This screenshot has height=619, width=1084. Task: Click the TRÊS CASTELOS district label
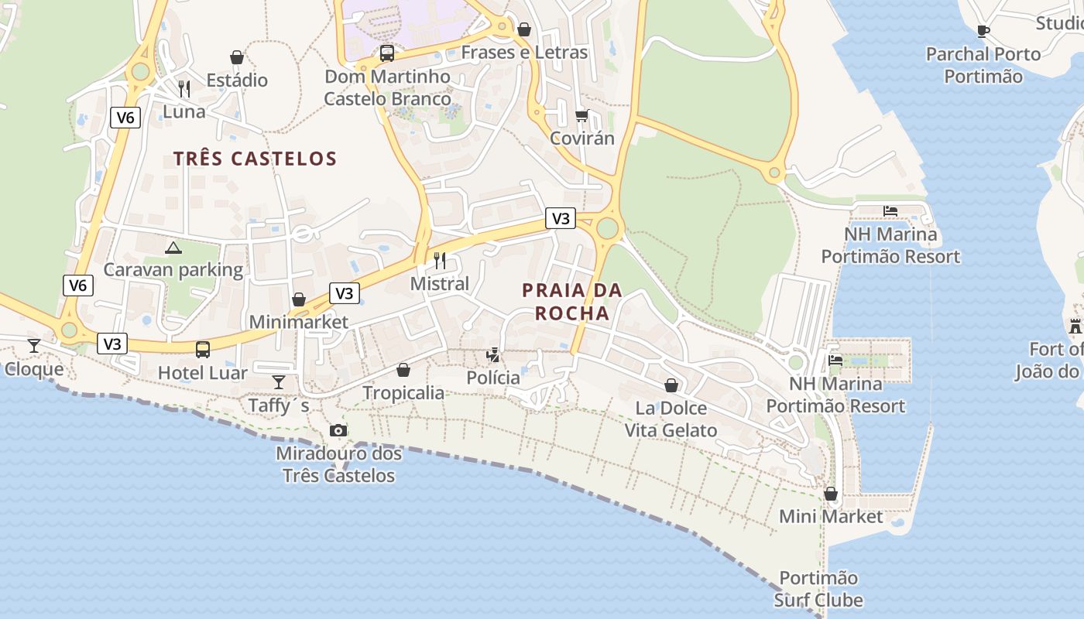coord(255,159)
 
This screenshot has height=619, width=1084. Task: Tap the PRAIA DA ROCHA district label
coord(571,302)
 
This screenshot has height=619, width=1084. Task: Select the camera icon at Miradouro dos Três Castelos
coord(338,430)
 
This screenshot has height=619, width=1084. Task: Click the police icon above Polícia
coord(492,355)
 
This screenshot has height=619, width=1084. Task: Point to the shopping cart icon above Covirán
coord(581,115)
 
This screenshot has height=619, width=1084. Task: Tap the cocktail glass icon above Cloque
coord(34,345)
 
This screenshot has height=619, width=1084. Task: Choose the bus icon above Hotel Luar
coord(203,350)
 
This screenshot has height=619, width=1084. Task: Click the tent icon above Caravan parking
coord(173,248)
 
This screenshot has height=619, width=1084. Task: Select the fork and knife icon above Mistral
coord(440,260)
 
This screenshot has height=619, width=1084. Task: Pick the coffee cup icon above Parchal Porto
coord(983,32)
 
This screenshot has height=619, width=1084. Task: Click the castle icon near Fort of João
coord(1075,326)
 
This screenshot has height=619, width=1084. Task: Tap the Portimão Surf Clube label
coord(818,589)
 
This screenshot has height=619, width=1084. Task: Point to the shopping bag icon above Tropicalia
coord(403,370)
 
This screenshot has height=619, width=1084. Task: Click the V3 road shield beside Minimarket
coord(345,293)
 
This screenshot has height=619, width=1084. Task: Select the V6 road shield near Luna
coord(125,118)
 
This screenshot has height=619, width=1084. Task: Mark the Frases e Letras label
coord(524,53)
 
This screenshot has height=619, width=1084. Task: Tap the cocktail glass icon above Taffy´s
coord(279,382)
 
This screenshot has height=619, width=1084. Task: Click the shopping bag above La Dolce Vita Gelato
coord(671,385)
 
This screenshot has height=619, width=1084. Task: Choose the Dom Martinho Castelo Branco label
coord(387,87)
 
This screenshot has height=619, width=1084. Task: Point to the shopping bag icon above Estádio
coord(237,57)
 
